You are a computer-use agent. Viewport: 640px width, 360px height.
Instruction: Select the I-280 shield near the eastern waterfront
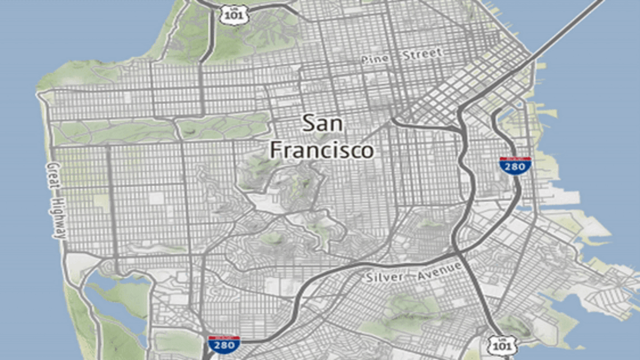pyautogui.click(x=515, y=165)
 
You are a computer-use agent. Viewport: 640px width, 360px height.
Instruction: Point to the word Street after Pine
pyautogui.click(x=422, y=54)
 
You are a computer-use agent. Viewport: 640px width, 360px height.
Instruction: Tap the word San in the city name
pyautogui.click(x=323, y=123)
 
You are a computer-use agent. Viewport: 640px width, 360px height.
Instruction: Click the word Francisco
pyautogui.click(x=322, y=150)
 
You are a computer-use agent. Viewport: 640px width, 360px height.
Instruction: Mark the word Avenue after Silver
pyautogui.click(x=439, y=269)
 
